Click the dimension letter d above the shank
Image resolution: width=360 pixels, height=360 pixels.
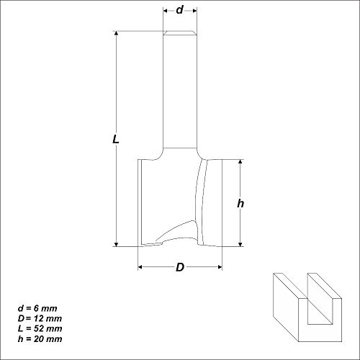179,11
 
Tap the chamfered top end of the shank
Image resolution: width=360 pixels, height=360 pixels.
179,33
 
